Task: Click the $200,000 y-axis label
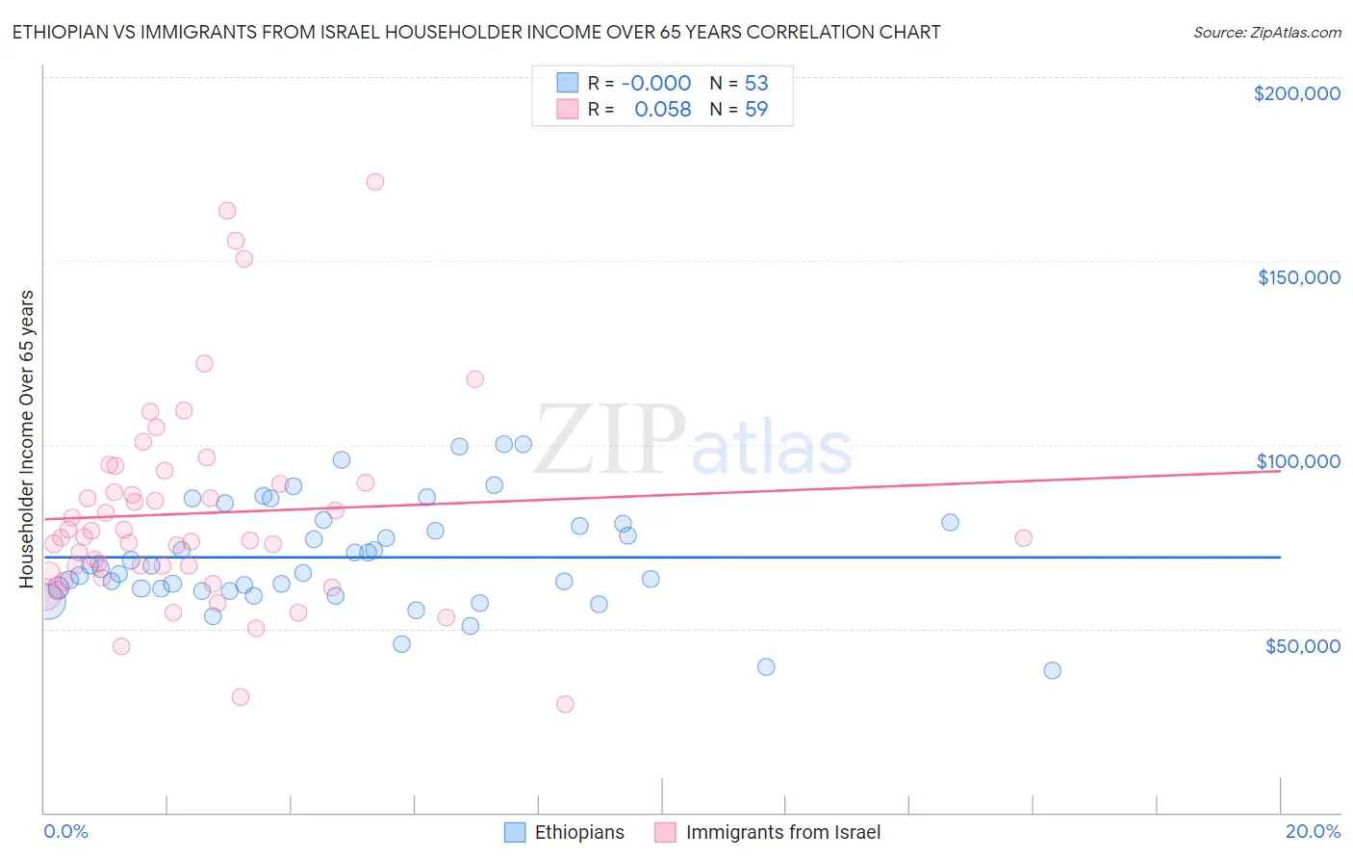pos(1296,93)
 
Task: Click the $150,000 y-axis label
pos(1298,277)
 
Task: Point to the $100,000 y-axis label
pos(1298,461)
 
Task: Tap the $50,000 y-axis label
pos(1302,646)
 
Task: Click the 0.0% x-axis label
pos(65,831)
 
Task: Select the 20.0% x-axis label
pos(1313,831)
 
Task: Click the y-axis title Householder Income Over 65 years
pos(26,438)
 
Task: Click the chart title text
pos(476,32)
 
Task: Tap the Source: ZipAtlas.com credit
pos(1266,32)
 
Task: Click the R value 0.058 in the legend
pos(662,110)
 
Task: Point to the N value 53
pos(756,83)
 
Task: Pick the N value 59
pos(756,110)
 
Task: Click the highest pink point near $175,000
pos(375,182)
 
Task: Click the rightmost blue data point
pos(1052,670)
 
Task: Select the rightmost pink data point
pos(1023,538)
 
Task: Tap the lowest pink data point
pos(565,704)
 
